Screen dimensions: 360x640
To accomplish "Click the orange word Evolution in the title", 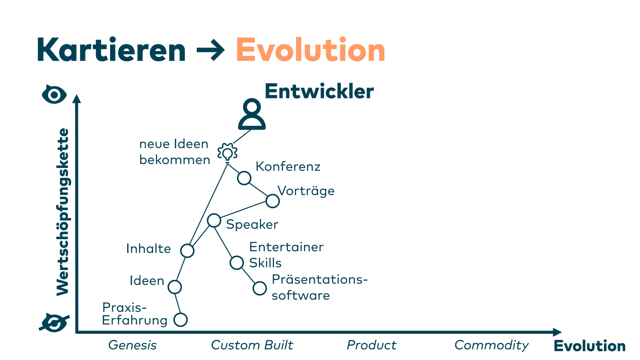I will coord(310,50).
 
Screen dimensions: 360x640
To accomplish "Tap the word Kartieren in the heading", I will coord(111,50).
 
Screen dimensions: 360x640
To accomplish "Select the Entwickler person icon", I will coord(252,114).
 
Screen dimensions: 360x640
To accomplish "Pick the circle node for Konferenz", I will coord(244,178).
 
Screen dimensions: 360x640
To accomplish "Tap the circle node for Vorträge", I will coord(272,201).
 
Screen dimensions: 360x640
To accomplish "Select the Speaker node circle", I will coord(214,220).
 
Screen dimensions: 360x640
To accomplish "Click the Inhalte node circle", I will coord(187,251).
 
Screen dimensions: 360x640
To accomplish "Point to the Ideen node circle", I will coord(175,287).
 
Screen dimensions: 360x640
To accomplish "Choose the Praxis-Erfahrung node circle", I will coord(180,320).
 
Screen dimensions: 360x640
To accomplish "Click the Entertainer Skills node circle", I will coord(237,263).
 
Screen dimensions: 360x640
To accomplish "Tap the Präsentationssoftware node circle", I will coord(260,288).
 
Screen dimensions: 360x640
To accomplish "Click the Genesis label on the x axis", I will coord(132,345).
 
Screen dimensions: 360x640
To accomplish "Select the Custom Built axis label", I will coord(252,345).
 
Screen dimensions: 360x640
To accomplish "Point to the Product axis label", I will coord(371,345).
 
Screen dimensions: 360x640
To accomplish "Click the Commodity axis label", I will coord(492,345).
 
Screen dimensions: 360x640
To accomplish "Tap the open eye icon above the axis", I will coord(54,95).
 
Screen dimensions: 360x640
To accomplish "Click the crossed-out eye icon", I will coord(54,322).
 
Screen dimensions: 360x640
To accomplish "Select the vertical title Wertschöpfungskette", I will coord(63,212).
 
